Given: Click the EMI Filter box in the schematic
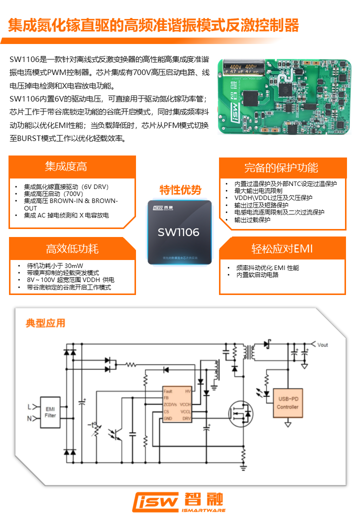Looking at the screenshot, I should [x=50, y=411].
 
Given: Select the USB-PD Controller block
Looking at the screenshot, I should [x=287, y=403].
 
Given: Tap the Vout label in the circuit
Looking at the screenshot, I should [x=322, y=344].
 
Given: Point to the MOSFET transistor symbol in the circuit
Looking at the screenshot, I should [x=240, y=413].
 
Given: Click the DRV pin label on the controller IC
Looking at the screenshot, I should [x=186, y=418].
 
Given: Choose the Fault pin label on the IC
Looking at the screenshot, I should [x=168, y=391].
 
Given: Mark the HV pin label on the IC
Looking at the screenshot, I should [x=187, y=391].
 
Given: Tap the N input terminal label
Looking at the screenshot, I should [x=29, y=418].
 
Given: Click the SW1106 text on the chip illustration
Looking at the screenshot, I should [x=178, y=232].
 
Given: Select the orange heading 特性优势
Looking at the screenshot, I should [x=180, y=190].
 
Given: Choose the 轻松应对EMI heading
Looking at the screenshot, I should [x=282, y=248].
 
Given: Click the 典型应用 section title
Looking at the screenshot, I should [x=45, y=323].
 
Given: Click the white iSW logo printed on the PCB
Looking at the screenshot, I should [x=227, y=109].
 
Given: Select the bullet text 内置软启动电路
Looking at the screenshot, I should [x=257, y=275].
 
